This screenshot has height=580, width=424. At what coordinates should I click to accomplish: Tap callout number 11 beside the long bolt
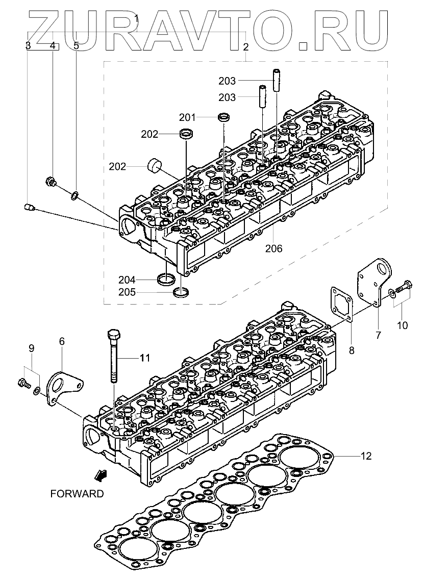[x=145, y=358]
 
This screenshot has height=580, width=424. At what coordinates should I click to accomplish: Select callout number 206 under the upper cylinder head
[x=273, y=248]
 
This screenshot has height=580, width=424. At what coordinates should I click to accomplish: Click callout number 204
[x=127, y=280]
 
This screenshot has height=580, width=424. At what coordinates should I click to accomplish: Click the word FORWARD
[x=77, y=493]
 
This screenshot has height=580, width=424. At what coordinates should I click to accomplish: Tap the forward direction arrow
[x=101, y=475]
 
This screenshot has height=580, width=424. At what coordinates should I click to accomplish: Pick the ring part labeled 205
[x=181, y=292]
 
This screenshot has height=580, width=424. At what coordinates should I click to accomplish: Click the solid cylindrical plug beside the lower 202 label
[x=154, y=166]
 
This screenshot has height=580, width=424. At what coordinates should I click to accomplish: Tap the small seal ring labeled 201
[x=224, y=118]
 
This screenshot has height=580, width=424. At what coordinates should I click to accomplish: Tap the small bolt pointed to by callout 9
[x=23, y=382]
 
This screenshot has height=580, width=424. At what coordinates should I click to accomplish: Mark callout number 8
[x=351, y=350]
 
